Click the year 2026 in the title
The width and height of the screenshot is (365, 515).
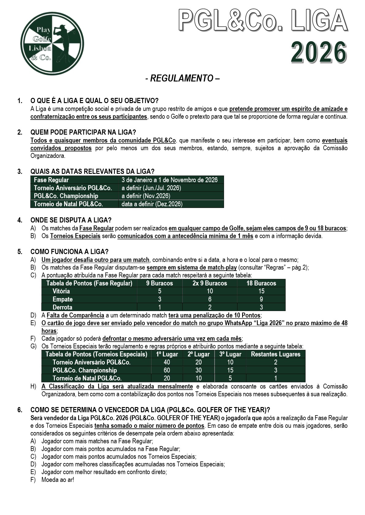click(319, 53)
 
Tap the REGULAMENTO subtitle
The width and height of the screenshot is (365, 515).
click(182, 78)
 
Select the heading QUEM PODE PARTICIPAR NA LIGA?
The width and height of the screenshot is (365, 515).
click(83, 132)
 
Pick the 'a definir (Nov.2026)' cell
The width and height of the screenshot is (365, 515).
click(146, 196)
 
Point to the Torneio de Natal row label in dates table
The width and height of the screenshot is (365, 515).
click(68, 204)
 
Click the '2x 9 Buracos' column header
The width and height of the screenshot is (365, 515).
click(210, 283)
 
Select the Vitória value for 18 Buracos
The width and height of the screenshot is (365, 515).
click(261, 291)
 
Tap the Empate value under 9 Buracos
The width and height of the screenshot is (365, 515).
click(159, 299)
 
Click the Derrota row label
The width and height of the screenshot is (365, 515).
click(63, 307)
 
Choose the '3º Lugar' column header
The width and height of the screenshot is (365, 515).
click(230, 354)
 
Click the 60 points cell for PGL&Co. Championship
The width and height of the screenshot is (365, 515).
click(167, 370)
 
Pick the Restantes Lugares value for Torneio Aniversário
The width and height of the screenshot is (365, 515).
click(276, 362)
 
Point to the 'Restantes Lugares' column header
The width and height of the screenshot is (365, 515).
click(276, 354)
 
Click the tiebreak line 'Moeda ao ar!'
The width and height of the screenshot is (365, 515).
click(58, 480)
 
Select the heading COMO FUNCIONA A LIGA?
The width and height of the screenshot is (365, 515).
click(70, 252)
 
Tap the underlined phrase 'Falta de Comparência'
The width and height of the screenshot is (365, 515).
click(75, 315)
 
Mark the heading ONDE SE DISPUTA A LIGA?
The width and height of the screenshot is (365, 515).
click(71, 220)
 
